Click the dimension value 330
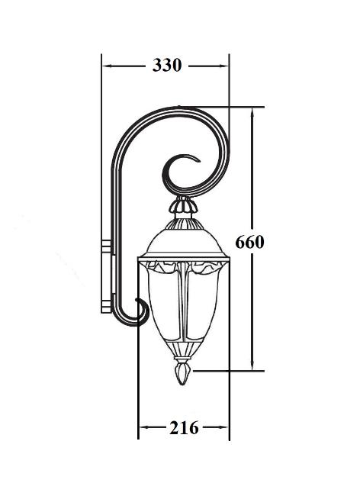click(x=167, y=65)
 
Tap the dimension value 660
click(x=249, y=243)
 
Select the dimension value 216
click(x=184, y=428)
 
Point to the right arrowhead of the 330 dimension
click(x=223, y=66)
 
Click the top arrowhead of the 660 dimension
click(x=252, y=113)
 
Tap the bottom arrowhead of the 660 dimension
click(x=252, y=365)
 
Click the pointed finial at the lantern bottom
click(x=183, y=374)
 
